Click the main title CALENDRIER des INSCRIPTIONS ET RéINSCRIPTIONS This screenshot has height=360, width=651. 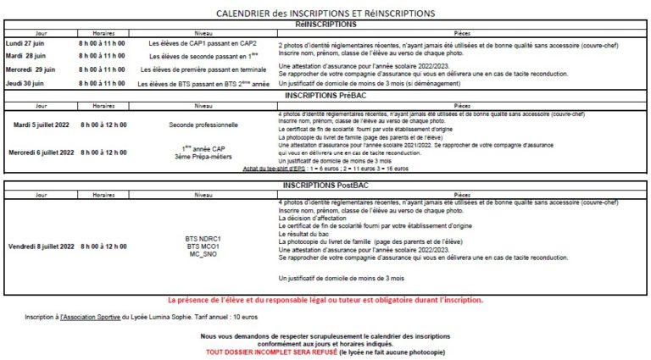pos(325,14)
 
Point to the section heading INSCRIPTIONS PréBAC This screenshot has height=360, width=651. pos(326,97)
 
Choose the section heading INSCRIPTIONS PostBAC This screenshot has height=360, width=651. pos(326,185)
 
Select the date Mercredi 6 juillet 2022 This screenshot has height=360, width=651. pos(42,152)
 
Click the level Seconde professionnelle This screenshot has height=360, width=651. pos(203,125)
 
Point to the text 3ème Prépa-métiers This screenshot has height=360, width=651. pos(203,158)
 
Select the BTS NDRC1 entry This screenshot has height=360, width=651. pos(203,239)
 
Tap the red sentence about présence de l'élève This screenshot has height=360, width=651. pos(325,300)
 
